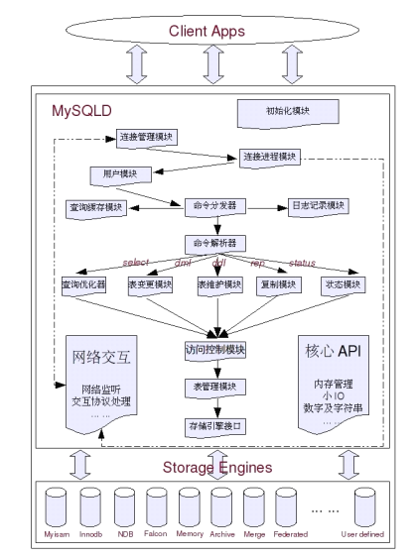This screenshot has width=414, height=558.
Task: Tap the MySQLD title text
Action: [82, 109]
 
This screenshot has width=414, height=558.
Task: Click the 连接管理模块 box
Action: [148, 137]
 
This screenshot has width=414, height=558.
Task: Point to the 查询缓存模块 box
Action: [97, 208]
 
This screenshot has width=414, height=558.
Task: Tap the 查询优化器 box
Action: [83, 283]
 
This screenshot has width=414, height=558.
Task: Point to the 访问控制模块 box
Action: [213, 350]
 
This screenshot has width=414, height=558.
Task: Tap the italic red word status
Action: [301, 263]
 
